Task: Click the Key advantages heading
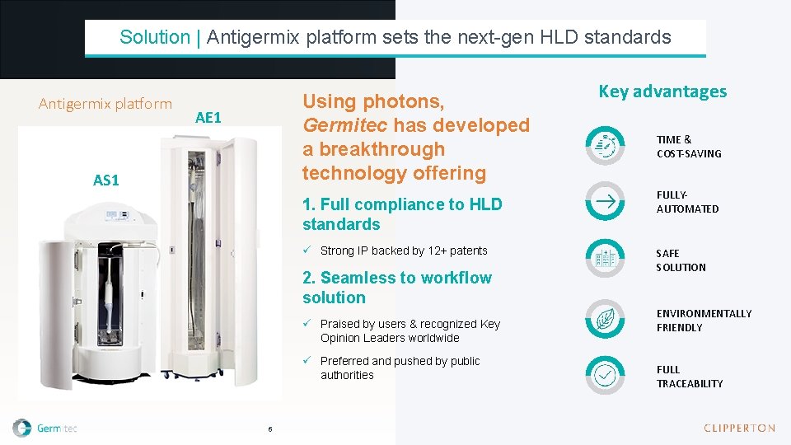(x=662, y=91)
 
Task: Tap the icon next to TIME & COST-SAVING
(x=606, y=146)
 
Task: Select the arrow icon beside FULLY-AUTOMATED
(x=606, y=201)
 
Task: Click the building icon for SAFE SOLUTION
(x=606, y=259)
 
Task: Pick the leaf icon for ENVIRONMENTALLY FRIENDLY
(x=606, y=318)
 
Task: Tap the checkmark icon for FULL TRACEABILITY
(x=606, y=375)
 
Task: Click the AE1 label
(x=208, y=118)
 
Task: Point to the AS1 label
(x=106, y=180)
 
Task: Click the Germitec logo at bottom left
(x=46, y=428)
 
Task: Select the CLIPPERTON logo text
(x=739, y=428)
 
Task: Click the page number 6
(x=269, y=429)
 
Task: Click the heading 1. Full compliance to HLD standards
(x=401, y=214)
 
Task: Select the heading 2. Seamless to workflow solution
(x=396, y=288)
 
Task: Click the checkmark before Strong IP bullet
(x=307, y=251)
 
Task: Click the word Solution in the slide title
(x=154, y=37)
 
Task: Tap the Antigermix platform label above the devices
(x=105, y=104)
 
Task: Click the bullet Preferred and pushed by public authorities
(x=400, y=368)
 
